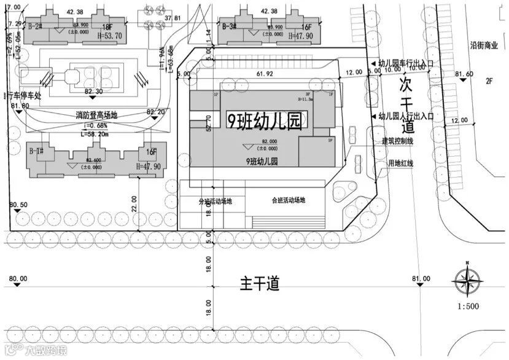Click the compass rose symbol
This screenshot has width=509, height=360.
[x=467, y=280]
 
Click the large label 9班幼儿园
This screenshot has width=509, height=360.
[x=265, y=120]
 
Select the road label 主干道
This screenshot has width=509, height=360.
[x=259, y=284]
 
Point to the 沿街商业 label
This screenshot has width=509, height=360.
[x=482, y=45]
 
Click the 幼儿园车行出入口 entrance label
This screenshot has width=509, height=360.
[x=406, y=63]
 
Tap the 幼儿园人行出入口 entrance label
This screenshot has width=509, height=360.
[x=406, y=115]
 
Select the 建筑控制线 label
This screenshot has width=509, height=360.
[x=397, y=141]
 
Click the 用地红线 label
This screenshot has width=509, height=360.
[x=400, y=163]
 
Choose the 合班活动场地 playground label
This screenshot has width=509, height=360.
[x=288, y=200]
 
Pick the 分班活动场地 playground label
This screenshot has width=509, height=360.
[x=215, y=201]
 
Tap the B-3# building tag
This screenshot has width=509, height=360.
[x=229, y=26]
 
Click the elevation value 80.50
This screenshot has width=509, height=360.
[x=19, y=205]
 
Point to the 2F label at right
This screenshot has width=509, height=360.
[x=490, y=80]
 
